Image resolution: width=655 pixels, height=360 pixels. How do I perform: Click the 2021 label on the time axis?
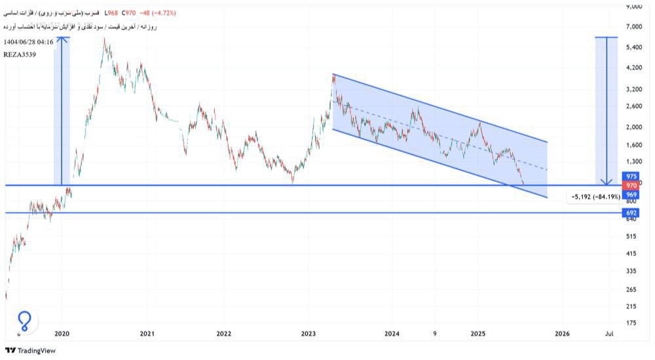(x=147, y=334)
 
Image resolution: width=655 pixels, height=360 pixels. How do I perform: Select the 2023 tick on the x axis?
(x=309, y=334)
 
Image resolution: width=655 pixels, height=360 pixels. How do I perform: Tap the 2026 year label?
(x=562, y=334)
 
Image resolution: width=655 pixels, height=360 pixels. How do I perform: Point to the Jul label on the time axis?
(x=609, y=334)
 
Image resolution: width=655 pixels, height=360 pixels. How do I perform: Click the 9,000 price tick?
(x=633, y=7)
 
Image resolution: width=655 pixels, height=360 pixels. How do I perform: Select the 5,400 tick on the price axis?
(x=633, y=48)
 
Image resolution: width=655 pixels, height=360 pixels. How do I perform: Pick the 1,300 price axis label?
(x=633, y=161)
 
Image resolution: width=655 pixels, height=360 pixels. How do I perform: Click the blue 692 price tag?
(x=631, y=213)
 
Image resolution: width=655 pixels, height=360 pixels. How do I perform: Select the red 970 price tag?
(x=631, y=186)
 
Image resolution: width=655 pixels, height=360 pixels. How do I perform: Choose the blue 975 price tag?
(x=631, y=177)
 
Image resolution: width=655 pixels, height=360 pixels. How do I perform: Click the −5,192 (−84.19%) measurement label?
(x=595, y=196)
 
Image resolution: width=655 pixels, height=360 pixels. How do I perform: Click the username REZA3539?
(x=20, y=54)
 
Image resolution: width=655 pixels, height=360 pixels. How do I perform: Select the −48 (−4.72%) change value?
(x=153, y=13)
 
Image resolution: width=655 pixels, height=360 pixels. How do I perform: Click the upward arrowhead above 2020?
(x=62, y=39)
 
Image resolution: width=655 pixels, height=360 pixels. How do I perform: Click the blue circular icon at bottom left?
(x=25, y=320)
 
